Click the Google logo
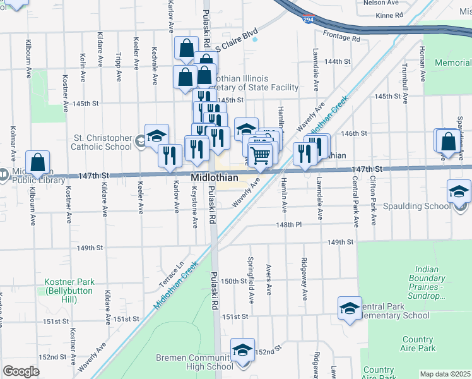21,371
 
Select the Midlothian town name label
215,179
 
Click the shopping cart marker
260,154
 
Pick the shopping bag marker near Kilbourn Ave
38,162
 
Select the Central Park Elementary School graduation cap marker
350,308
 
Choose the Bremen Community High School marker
242,350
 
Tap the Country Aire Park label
417,344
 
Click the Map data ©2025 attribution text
445,374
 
